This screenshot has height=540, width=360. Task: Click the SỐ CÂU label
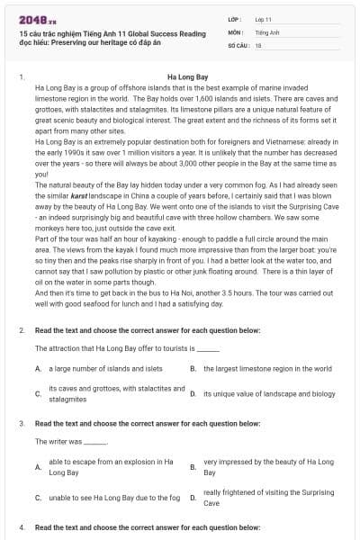pyautogui.click(x=238, y=44)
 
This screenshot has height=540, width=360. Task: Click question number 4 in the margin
pyautogui.click(x=21, y=525)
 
